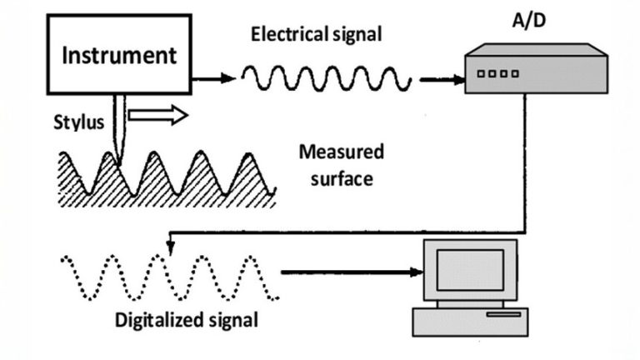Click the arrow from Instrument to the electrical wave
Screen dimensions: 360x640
pos(214,79)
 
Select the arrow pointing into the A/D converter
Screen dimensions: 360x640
pos(441,80)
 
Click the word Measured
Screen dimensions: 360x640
pos(341,152)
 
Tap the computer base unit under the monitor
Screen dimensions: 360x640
pos(470,319)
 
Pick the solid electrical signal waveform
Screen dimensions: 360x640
pos(325,79)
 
